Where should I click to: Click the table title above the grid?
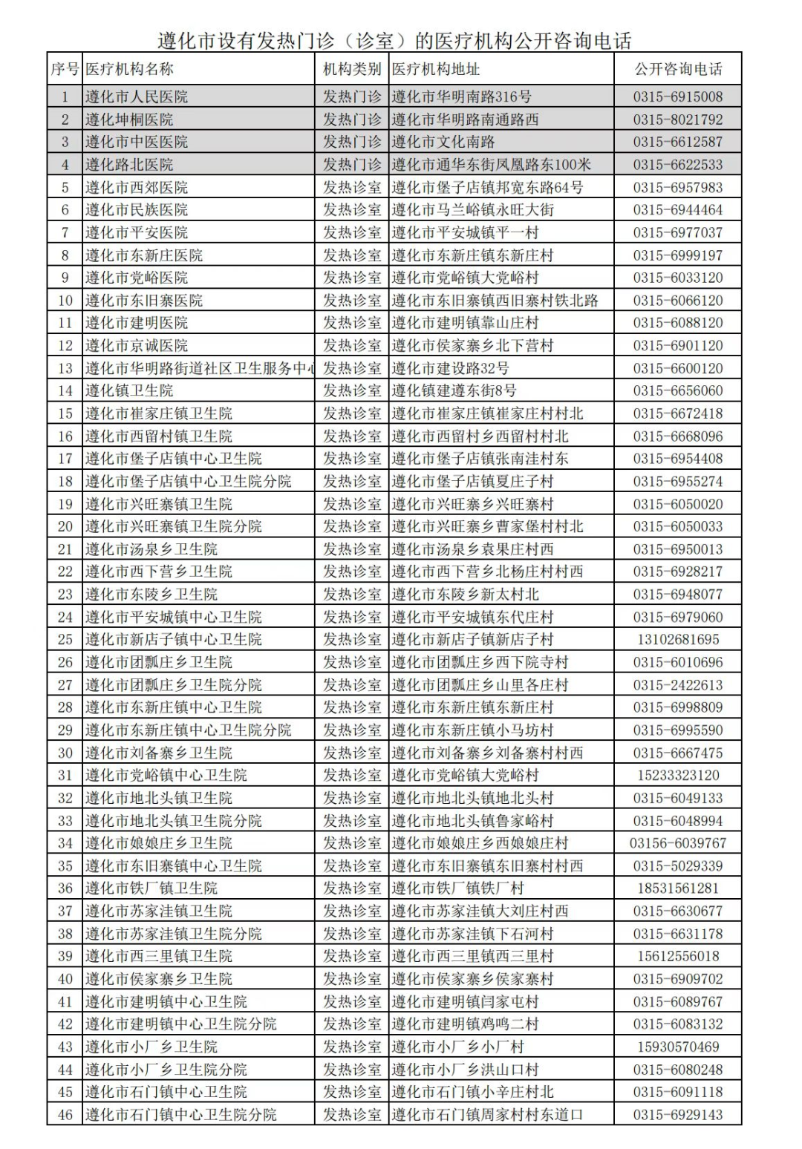[x=394, y=40]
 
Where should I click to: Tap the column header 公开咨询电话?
[x=677, y=69]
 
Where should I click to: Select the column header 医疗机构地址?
[x=436, y=69]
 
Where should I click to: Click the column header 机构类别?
[x=352, y=69]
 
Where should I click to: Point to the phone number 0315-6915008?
[x=677, y=96]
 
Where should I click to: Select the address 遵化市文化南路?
[x=443, y=142]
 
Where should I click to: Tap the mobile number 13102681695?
[x=677, y=639]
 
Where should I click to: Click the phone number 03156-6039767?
[x=677, y=843]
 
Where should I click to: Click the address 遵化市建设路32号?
[x=451, y=368]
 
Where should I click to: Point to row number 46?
[x=65, y=1114]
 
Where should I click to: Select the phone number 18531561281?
[x=677, y=888]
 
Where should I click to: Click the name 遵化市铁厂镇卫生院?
[x=151, y=888]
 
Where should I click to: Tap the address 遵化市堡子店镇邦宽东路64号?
[x=488, y=187]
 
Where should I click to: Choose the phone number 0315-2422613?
[x=677, y=684]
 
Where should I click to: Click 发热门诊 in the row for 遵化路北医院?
[x=352, y=165]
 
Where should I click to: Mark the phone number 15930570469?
[x=677, y=1047]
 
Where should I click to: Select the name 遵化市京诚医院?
[x=137, y=345]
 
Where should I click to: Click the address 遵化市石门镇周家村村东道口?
[x=488, y=1114]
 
